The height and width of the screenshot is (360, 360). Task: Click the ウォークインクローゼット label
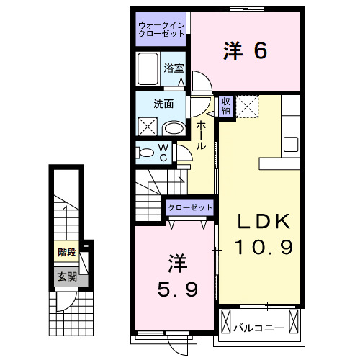coord(161,32)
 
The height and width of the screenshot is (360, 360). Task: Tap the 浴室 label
coord(174,69)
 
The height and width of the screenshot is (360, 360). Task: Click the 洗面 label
coord(163,103)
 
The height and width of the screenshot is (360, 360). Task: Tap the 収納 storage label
coord(225,107)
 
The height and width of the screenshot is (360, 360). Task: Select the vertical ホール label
coord(201,135)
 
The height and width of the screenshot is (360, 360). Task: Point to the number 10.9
coord(264,248)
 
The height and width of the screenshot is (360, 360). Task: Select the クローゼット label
coord(190,207)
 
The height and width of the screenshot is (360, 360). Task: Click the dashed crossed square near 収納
coord(248,107)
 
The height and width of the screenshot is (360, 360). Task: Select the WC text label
coord(163,152)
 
